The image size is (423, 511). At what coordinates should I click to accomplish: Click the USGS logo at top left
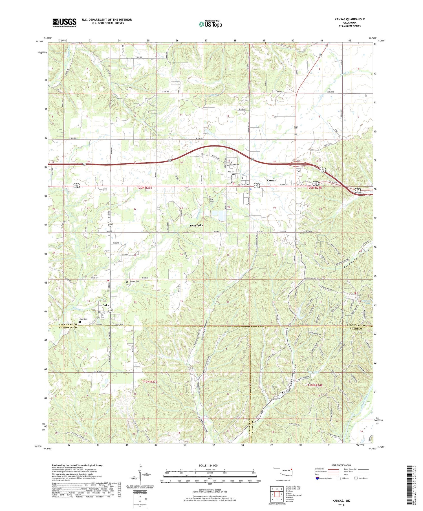[64, 23]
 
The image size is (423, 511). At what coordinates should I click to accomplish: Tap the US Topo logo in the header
[210, 24]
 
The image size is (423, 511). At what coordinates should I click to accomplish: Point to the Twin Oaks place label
[196, 225]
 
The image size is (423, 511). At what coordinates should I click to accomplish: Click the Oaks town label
[106, 305]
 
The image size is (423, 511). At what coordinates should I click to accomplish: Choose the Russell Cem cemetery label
[134, 281]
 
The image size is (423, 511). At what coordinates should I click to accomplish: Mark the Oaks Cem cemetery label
[83, 319]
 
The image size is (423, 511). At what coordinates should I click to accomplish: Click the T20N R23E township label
[145, 188]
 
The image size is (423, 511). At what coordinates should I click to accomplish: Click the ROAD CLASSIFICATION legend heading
[341, 465]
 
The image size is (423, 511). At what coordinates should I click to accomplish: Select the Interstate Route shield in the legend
[318, 478]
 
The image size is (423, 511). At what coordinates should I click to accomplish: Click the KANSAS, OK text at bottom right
[340, 501]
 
